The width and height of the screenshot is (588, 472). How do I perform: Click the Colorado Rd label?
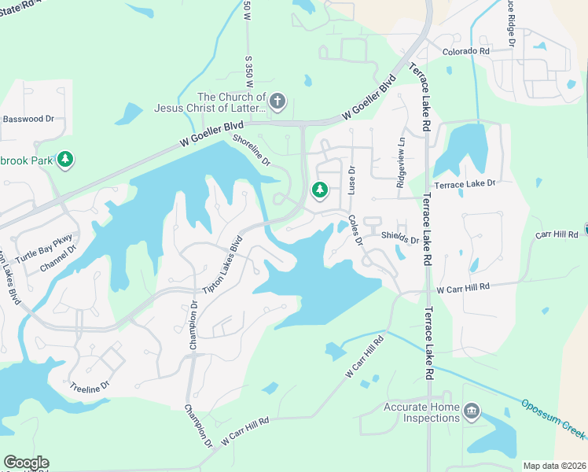[465, 51]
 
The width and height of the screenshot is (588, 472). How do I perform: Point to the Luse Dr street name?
[351, 181]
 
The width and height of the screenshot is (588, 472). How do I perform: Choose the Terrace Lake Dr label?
[469, 183]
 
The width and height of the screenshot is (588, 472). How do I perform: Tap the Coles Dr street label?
[355, 230]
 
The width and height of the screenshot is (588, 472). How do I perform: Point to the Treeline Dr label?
[89, 387]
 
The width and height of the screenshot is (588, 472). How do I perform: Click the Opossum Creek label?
[554, 418]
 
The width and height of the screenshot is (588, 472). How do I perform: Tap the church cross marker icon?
[277, 101]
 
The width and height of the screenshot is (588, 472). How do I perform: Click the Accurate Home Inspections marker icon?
[471, 410]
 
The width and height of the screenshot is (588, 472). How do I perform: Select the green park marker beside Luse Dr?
[320, 190]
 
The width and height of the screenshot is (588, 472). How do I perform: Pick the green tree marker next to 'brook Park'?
[67, 160]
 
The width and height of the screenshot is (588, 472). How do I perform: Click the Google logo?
[25, 463]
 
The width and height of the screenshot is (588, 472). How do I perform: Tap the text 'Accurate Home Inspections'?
[421, 413]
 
